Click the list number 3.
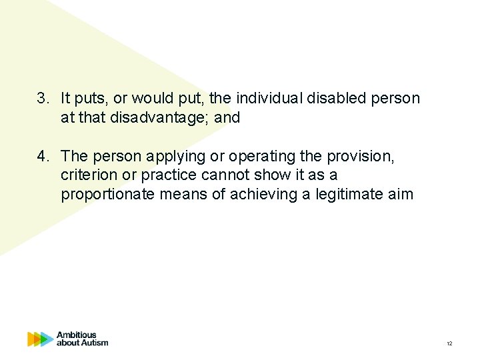coord(42,99)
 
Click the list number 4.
coord(42,156)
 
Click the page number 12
coord(449,343)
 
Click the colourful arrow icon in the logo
coord(40,339)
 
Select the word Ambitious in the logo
coord(76,335)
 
